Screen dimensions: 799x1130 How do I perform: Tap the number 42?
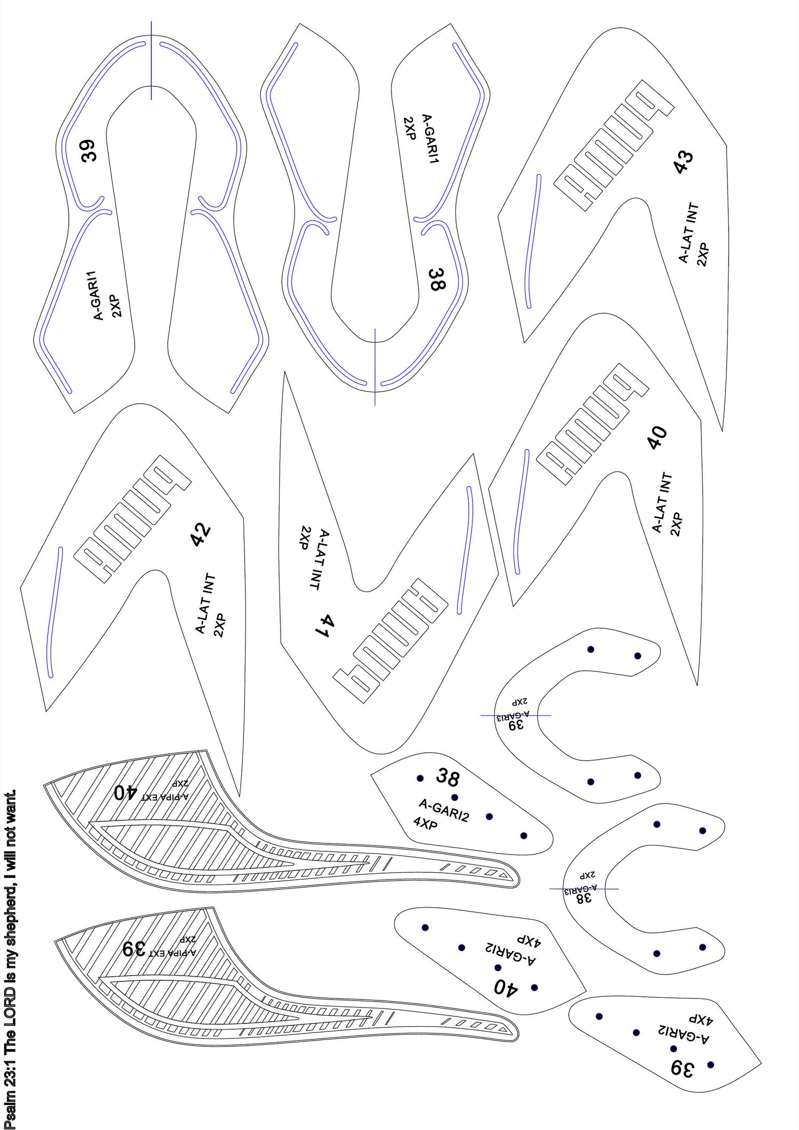pyautogui.click(x=201, y=535)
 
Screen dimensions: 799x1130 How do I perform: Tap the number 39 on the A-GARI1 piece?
pyautogui.click(x=88, y=150)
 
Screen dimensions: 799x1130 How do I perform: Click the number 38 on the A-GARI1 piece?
pyautogui.click(x=437, y=280)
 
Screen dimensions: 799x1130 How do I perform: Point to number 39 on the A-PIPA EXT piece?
pyautogui.click(x=135, y=949)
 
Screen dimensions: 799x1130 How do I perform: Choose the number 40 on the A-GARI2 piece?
pyautogui.click(x=504, y=987)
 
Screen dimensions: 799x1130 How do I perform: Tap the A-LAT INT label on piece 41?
pyautogui.click(x=318, y=559)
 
